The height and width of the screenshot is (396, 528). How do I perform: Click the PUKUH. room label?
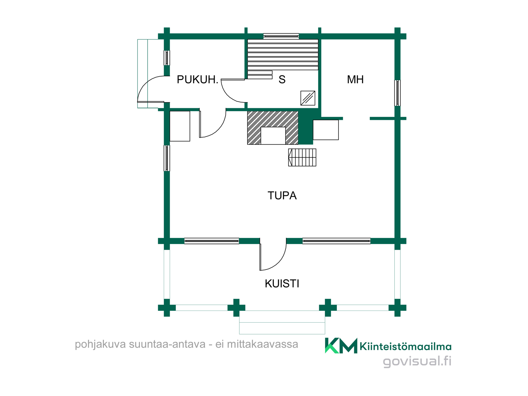(197, 79)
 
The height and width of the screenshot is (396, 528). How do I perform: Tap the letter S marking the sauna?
(282, 79)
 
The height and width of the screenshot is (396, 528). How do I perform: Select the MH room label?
(355, 79)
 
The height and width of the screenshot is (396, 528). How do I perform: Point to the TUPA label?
(282, 196)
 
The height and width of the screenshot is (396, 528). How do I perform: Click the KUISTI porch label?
(282, 284)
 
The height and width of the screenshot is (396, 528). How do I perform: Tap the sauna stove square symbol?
(308, 98)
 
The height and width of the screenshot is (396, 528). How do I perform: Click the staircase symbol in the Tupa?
(302, 157)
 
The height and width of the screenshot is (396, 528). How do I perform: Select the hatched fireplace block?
(273, 128)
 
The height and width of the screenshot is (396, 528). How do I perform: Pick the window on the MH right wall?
(397, 93)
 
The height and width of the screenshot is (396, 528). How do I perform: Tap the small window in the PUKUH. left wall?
(167, 58)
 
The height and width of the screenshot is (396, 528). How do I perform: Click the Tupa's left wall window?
(167, 158)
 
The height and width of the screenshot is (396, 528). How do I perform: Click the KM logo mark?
(341, 345)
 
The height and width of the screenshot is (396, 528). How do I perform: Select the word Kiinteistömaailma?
(406, 346)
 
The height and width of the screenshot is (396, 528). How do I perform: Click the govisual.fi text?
(417, 361)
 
